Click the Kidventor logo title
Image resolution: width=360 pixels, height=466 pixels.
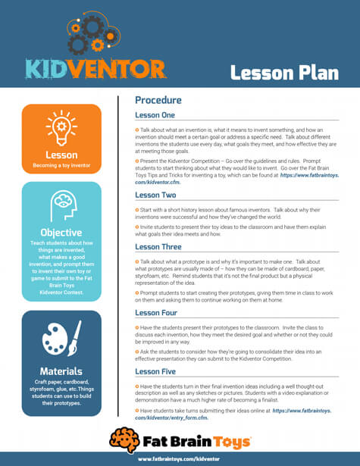point(95,69)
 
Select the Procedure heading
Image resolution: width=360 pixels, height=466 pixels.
point(158,100)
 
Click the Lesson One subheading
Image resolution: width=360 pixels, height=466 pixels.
point(155,115)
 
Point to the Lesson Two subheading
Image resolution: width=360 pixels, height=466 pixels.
point(155,195)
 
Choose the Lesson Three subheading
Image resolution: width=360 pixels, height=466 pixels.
point(158,247)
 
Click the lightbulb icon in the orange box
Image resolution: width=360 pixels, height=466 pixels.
point(61,127)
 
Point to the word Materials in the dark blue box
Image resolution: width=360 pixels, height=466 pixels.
point(61,371)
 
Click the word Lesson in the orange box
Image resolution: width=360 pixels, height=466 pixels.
point(61,155)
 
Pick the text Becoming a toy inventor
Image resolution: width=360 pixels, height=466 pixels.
point(61,164)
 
